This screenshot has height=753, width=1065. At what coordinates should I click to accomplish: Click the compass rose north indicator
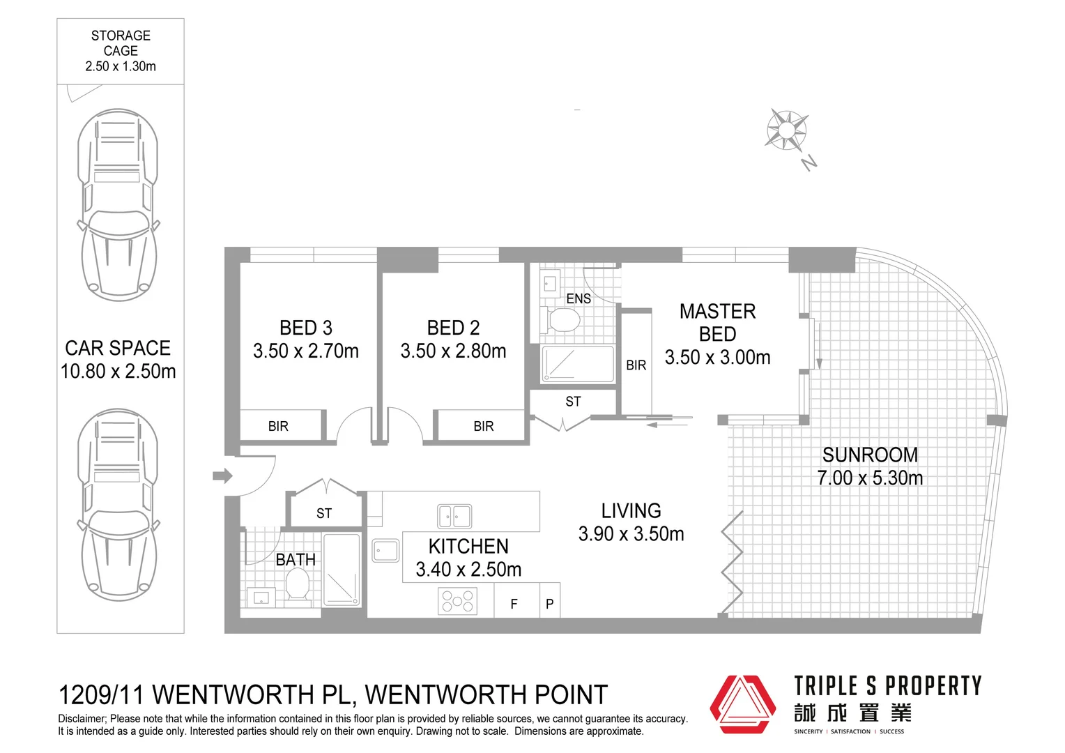pyautogui.click(x=787, y=130)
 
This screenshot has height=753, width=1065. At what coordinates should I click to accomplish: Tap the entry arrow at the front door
pyautogui.click(x=222, y=476)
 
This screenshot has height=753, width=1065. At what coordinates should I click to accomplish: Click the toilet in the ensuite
pyautogui.click(x=564, y=321)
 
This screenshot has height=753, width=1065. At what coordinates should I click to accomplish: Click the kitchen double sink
pyautogui.click(x=454, y=517)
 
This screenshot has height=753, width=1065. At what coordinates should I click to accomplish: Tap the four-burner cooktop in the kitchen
pyautogui.click(x=457, y=601)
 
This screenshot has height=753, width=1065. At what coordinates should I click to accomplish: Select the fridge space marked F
pyautogui.click(x=514, y=604)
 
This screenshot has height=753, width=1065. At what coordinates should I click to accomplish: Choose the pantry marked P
pyautogui.click(x=550, y=604)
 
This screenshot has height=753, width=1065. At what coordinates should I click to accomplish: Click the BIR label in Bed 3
pyautogui.click(x=278, y=426)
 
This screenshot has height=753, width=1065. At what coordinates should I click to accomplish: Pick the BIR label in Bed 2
pyautogui.click(x=484, y=426)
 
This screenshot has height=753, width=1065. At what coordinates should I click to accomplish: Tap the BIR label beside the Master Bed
pyautogui.click(x=636, y=365)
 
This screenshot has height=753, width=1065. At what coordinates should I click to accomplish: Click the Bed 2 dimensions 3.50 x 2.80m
pyautogui.click(x=453, y=351)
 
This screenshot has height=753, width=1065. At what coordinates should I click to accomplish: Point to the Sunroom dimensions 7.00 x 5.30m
pyautogui.click(x=870, y=478)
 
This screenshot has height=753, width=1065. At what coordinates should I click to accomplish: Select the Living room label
pyautogui.click(x=631, y=511)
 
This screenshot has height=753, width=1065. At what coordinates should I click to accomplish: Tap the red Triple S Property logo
pyautogui.click(x=742, y=704)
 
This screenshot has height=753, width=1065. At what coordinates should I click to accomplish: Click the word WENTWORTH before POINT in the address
pyautogui.click(x=446, y=695)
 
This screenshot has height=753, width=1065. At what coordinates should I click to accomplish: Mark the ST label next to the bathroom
pyautogui.click(x=324, y=514)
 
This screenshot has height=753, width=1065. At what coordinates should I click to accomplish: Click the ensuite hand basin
pyautogui.click(x=550, y=284)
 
